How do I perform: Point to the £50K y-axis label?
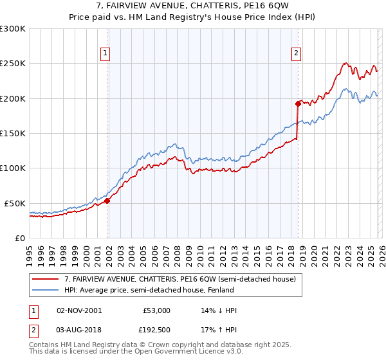[x=15, y=203]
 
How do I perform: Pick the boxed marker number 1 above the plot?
[x=104, y=54]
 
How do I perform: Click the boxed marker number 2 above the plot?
[x=296, y=54]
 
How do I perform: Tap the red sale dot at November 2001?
[x=107, y=201]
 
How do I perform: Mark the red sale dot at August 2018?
[x=298, y=104]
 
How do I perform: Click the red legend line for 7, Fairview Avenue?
[x=45, y=280]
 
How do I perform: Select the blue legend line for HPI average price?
[x=45, y=291]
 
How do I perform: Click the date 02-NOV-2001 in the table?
[x=79, y=310]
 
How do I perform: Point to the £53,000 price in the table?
[x=156, y=310]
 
